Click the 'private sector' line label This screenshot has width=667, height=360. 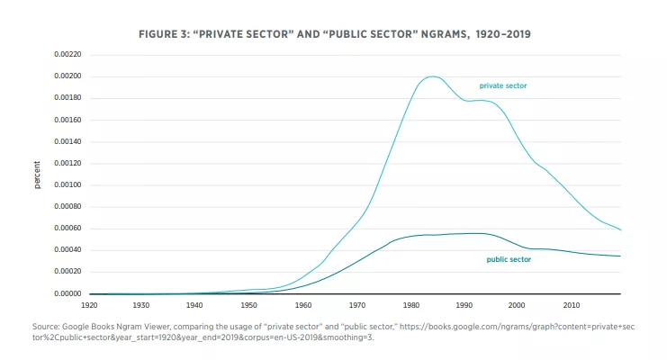coord(502,85)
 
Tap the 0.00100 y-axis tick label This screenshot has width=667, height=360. coord(68,184)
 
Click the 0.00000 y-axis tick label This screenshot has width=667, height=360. coord(68,294)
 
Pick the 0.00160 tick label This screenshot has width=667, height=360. coord(68,120)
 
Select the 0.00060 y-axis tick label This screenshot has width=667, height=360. coord(68,229)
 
